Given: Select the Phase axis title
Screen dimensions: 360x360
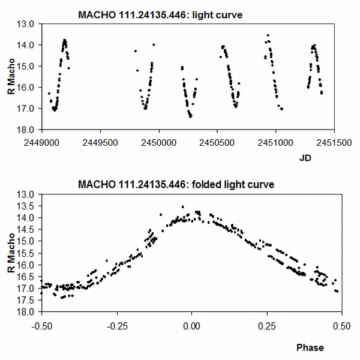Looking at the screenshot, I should [x=310, y=347].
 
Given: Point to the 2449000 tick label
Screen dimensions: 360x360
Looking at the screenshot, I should [x=41, y=144].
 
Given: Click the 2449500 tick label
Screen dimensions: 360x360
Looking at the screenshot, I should [x=100, y=144].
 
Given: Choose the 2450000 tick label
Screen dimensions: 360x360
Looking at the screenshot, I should [x=159, y=144].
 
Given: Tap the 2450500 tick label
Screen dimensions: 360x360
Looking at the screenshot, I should [x=217, y=144].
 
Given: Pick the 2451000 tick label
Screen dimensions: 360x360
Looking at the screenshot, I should [x=276, y=144].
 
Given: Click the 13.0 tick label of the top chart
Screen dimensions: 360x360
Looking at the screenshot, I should [x=28, y=24].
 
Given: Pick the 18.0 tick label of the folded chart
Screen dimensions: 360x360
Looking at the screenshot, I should [x=28, y=312].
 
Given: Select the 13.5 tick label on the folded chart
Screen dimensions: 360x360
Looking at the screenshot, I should [x=28, y=206].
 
